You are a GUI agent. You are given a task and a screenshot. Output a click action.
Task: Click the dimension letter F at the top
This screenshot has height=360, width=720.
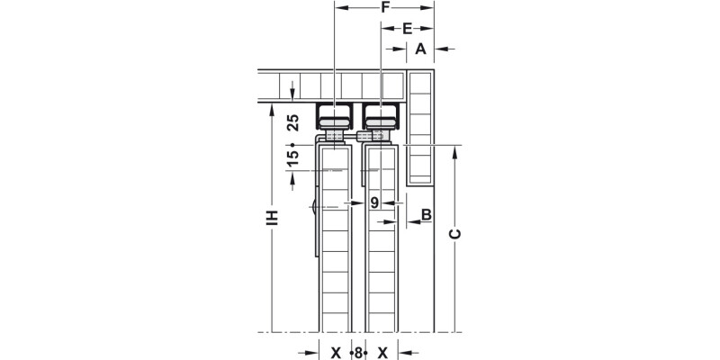[383, 8]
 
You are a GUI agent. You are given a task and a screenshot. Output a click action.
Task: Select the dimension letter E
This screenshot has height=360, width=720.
[407, 29]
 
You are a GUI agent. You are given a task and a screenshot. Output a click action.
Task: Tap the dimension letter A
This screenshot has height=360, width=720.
[419, 49]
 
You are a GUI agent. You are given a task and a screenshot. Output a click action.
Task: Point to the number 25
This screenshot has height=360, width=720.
[292, 123]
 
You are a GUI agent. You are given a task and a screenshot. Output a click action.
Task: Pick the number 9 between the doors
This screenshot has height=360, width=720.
[375, 202]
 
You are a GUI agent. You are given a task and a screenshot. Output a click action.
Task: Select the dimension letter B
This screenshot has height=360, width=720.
[426, 214]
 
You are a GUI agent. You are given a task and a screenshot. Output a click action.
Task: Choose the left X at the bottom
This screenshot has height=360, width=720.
[336, 353]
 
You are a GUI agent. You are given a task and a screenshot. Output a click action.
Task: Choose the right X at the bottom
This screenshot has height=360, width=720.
[382, 353]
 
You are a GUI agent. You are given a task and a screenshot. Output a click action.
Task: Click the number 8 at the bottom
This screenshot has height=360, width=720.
[358, 353]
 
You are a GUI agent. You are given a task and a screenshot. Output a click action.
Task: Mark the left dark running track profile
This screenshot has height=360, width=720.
[335, 116]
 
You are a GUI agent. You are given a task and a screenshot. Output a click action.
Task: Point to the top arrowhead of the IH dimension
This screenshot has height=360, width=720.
[271, 107]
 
